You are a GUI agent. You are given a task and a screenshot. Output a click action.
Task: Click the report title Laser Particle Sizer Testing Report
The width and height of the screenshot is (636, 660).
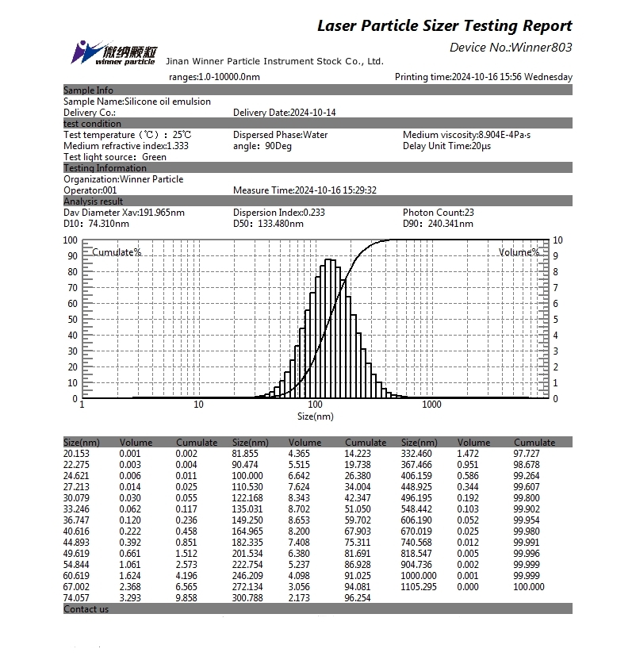(444, 25)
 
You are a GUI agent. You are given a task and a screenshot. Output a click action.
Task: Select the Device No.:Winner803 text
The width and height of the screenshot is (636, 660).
(510, 48)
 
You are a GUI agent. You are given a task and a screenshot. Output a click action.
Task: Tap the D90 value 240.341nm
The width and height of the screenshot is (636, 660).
(448, 224)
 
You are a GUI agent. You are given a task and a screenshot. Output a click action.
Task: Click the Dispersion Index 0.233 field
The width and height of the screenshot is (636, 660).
(279, 213)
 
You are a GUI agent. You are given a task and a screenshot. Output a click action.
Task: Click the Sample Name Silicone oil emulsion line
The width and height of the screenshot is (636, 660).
(137, 102)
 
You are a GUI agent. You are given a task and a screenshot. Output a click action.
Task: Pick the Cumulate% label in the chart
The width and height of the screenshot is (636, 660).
(117, 252)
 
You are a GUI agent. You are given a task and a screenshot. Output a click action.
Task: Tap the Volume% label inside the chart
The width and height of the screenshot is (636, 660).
(519, 252)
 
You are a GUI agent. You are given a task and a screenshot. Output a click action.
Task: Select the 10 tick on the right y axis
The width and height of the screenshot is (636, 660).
(557, 240)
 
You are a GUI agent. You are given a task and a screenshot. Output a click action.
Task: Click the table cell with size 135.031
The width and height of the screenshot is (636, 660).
(247, 509)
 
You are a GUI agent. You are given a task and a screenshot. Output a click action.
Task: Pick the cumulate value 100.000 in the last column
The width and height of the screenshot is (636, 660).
(529, 587)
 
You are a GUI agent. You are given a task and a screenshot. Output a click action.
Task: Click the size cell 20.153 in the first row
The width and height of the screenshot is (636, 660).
(77, 453)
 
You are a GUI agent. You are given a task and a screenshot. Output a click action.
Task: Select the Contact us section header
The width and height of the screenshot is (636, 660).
(86, 609)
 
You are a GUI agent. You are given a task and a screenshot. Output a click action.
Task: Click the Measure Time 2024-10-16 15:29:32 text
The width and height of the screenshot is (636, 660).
(305, 190)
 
